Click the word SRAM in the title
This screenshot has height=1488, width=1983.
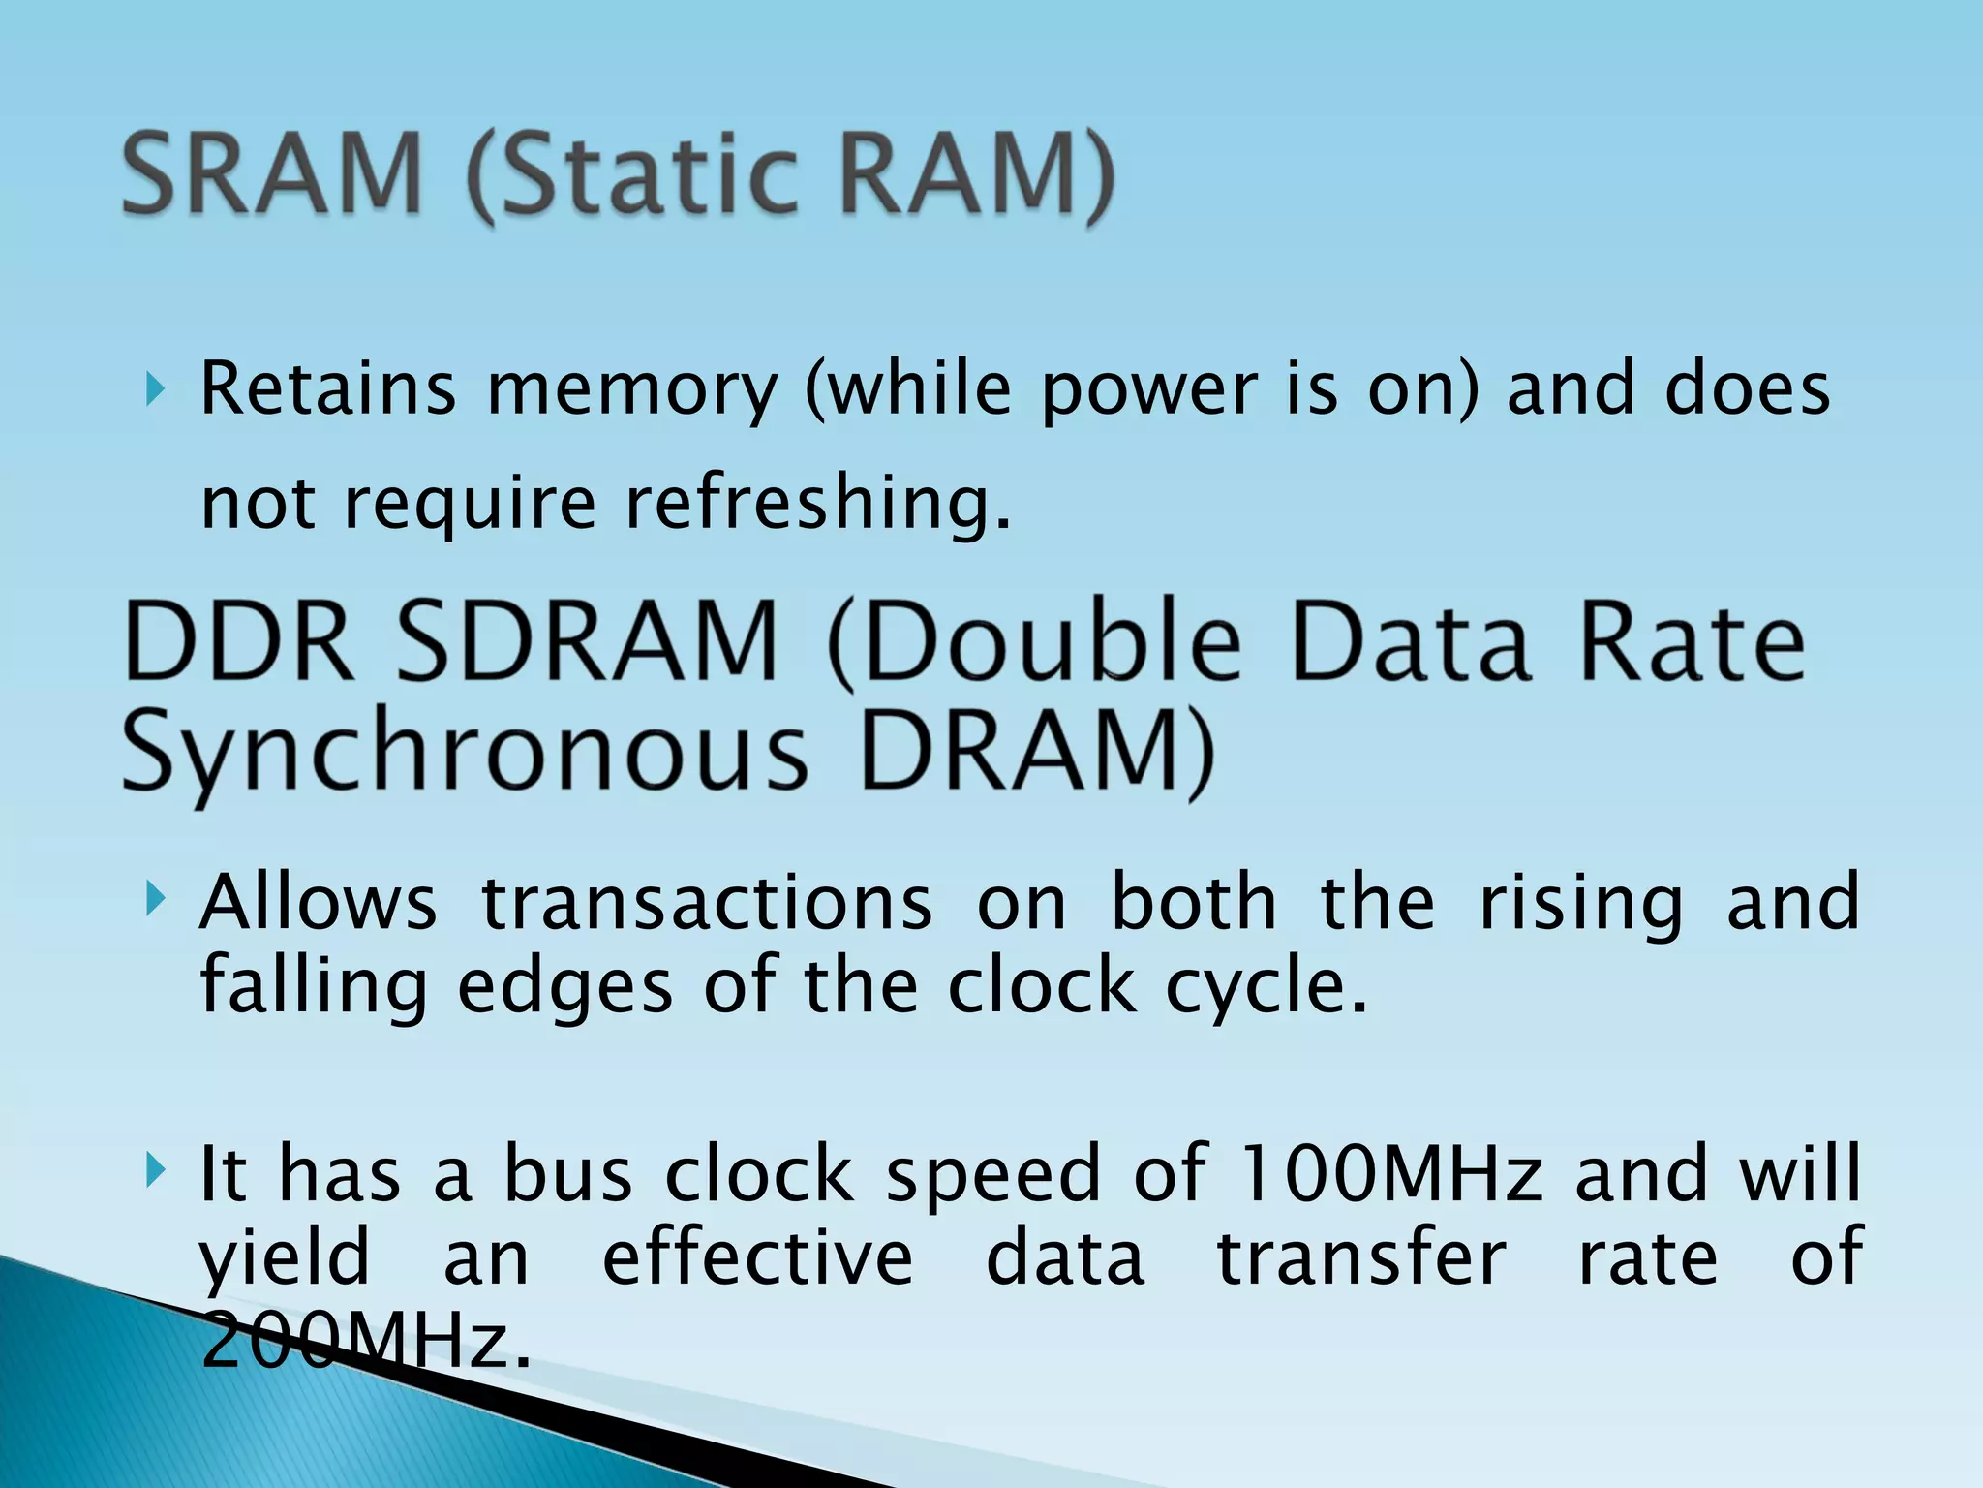click(272, 174)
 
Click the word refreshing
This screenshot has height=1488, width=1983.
click(817, 504)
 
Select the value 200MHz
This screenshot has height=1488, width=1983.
click(366, 1341)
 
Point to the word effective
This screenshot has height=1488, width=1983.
click(758, 1257)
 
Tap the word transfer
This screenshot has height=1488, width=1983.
click(1361, 1257)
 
